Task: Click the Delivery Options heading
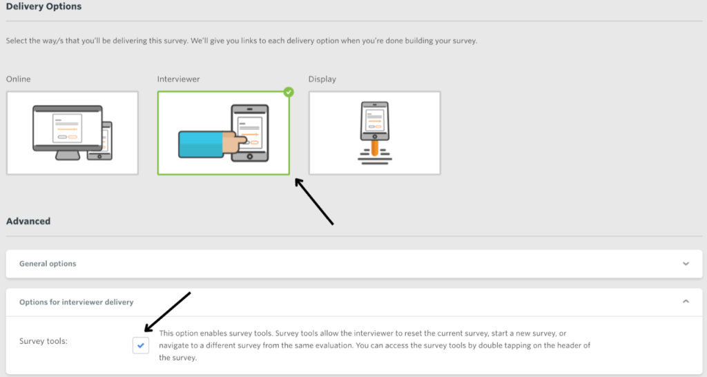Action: (43, 7)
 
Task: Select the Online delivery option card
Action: (72, 133)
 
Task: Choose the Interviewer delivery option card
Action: (223, 133)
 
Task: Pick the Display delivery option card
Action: (374, 133)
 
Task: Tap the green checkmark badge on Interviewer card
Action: (289, 93)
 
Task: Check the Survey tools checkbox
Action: (141, 345)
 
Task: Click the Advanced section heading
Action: (28, 222)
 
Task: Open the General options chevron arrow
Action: (686, 264)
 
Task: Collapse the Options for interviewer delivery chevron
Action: (686, 302)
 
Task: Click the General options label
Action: (48, 264)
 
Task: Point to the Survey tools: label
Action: (43, 341)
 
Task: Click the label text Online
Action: (19, 79)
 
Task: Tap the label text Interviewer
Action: (178, 79)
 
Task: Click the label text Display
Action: (322, 79)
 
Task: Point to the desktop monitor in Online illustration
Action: (67, 128)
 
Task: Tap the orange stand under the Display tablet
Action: (375, 147)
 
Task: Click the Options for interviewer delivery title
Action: (77, 302)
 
